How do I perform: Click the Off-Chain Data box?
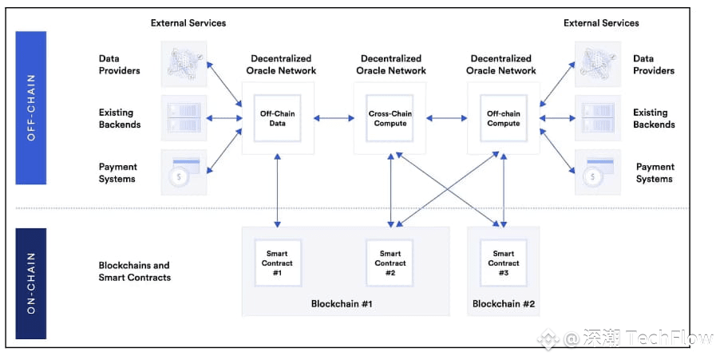278,118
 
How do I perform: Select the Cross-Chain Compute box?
390,118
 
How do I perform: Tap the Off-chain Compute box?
503,118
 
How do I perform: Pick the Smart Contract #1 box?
278,263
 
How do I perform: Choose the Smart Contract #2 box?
390,263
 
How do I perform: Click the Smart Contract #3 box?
503,263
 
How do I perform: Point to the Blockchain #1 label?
341,303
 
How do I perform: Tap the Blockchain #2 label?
503,303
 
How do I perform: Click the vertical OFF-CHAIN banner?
31,108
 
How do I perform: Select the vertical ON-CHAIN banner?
31,283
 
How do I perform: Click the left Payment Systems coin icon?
184,172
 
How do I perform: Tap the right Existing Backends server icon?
598,118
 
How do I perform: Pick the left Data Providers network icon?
184,64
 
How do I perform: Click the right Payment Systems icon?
598,172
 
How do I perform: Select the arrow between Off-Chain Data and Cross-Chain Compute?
334,118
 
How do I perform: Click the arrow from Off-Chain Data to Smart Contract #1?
278,191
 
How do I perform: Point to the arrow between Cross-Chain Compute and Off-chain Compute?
447,118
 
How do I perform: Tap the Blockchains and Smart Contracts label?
135,271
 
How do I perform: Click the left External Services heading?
188,22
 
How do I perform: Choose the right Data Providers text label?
654,65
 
